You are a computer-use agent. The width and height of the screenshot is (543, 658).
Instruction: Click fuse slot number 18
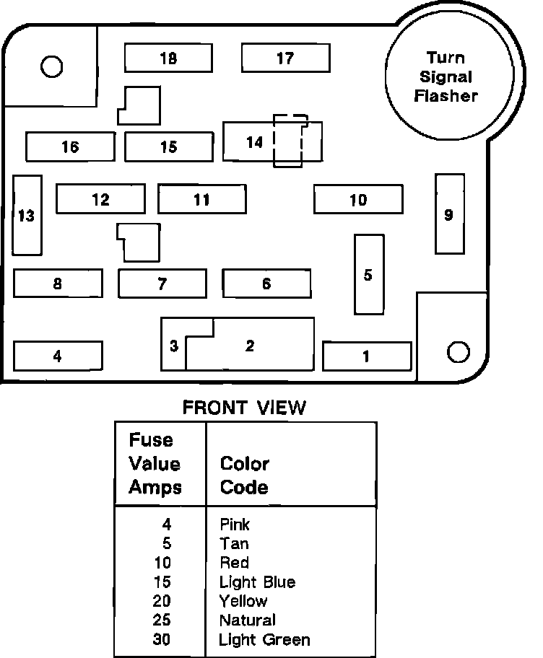168,58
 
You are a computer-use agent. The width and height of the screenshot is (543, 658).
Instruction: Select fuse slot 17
285,58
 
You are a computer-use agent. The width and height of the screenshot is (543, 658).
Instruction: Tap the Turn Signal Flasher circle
446,77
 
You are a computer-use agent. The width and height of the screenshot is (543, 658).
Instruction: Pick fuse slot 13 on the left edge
27,215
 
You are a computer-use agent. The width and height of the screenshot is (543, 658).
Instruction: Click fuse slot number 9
449,214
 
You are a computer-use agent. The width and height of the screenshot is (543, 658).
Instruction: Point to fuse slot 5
368,274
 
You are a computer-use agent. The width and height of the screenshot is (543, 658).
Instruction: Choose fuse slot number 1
366,356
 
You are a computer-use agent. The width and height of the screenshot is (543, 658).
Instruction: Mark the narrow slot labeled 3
173,346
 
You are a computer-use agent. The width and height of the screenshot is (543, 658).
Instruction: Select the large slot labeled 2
250,346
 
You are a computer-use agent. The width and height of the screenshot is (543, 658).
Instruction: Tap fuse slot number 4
58,356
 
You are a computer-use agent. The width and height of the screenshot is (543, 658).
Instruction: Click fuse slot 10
358,200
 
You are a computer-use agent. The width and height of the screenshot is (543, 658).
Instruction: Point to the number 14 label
254,142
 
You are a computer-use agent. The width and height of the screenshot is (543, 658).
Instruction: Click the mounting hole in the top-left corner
51,67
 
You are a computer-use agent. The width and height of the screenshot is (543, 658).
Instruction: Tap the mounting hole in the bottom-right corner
458,351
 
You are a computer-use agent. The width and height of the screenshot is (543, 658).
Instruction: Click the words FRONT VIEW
244,408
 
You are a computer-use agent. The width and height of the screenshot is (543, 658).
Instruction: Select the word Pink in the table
235,525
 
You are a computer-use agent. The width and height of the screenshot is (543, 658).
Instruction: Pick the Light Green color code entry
265,639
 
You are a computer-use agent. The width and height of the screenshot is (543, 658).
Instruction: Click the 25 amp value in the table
163,620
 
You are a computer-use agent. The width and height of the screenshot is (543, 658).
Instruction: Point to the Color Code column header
245,475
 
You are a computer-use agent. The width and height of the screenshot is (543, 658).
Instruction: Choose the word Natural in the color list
248,620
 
